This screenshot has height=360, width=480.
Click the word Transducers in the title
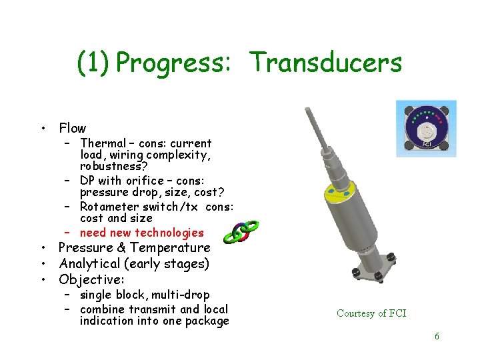pyautogui.click(x=326, y=63)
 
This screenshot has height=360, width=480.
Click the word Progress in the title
pyautogui.click(x=173, y=63)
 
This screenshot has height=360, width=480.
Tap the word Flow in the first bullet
pyautogui.click(x=72, y=128)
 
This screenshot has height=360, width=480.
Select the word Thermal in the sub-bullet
pyautogui.click(x=103, y=143)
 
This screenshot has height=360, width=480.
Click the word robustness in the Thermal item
pyautogui.click(x=111, y=166)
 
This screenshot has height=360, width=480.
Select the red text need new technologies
pyautogui.click(x=141, y=233)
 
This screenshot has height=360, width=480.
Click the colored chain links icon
pyautogui.click(x=239, y=231)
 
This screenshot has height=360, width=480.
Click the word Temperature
pyautogui.click(x=170, y=248)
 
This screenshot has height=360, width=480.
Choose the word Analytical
pyautogui.click(x=90, y=264)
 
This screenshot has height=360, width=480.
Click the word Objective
pyautogui.click(x=89, y=279)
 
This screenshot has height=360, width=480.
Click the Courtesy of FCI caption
pyautogui.click(x=371, y=313)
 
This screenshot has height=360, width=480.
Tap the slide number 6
pyautogui.click(x=437, y=336)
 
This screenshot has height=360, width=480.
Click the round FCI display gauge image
pyautogui.click(x=425, y=129)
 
